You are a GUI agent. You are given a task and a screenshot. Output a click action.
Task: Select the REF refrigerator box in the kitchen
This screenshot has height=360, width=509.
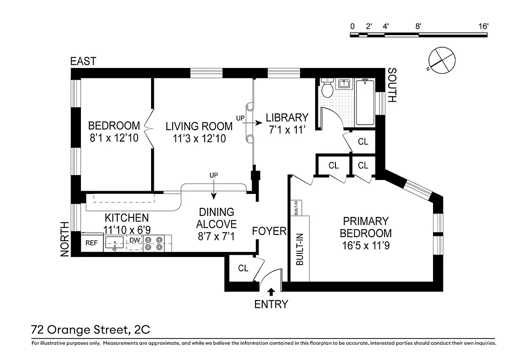[x=92, y=243]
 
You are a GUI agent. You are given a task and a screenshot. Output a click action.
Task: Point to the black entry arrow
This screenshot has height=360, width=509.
[x=271, y=292]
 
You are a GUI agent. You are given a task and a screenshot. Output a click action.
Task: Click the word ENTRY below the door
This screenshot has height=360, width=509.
[x=271, y=305]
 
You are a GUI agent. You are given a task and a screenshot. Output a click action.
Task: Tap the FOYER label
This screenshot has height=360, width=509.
[x=269, y=231]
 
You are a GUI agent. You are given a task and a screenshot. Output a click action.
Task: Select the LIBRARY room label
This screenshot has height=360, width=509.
[x=287, y=117]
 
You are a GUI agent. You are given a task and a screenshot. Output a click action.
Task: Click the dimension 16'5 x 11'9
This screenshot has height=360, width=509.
[x=365, y=246]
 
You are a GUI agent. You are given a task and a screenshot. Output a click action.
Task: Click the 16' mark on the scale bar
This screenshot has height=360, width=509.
[x=483, y=26]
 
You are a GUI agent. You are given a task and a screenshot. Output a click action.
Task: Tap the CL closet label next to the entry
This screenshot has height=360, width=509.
[x=243, y=268]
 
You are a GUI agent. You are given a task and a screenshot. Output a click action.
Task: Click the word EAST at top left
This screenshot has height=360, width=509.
[x=83, y=61]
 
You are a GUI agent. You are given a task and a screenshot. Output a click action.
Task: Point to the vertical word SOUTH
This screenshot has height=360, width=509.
[x=392, y=85]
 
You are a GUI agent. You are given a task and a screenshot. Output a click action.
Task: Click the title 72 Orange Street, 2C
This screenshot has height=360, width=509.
[x=90, y=330]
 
